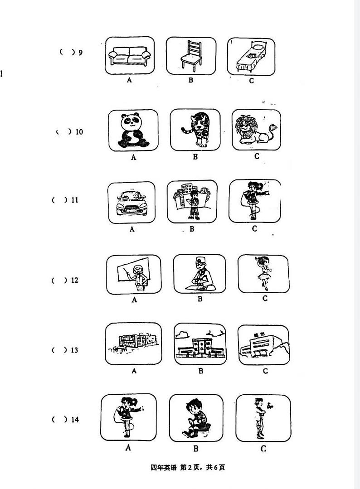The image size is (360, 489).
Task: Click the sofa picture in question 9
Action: [x=130, y=56]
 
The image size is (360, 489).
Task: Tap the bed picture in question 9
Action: [x=251, y=57]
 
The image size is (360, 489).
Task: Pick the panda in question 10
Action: [x=133, y=131]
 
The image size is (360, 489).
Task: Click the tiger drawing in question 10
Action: [x=195, y=130]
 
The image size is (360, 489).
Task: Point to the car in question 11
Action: [x=131, y=203]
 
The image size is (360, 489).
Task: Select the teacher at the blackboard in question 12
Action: [x=134, y=275]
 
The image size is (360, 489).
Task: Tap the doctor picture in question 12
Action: [x=199, y=274]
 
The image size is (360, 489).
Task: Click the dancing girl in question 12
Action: [x=263, y=274]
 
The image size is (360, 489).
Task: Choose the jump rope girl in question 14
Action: [x=128, y=417]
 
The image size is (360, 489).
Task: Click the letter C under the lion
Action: [x=257, y=156]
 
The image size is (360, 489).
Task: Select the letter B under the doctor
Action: [x=200, y=299]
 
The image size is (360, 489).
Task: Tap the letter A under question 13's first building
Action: [x=134, y=371]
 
